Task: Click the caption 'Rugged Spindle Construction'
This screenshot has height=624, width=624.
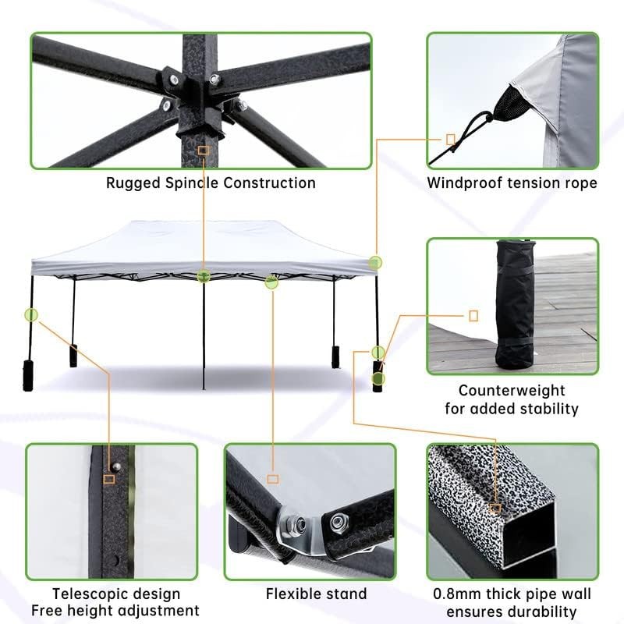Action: [x=211, y=183]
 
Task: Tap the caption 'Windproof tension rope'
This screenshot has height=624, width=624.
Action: [x=512, y=183]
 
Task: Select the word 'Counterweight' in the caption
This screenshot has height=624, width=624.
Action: [x=512, y=390]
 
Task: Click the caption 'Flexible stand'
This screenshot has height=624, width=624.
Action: [x=316, y=594]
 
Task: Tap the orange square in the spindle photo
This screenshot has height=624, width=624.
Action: [x=203, y=150]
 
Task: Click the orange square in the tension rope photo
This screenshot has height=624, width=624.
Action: [x=450, y=139]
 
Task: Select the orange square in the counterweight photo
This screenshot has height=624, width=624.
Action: [x=473, y=316]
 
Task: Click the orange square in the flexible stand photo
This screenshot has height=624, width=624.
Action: [x=272, y=478]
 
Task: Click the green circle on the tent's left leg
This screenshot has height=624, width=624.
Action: [x=31, y=315]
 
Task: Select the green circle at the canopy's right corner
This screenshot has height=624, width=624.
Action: [x=375, y=263]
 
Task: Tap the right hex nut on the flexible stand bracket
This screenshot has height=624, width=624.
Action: [x=341, y=520]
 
